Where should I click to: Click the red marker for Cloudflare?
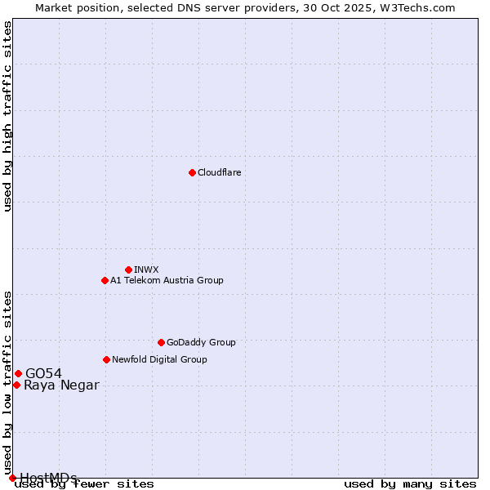pyautogui.click(x=192, y=172)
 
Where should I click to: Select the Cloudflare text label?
pyautogui.click(x=219, y=172)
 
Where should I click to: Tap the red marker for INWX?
pyautogui.click(x=128, y=269)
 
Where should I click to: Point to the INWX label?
pyautogui.click(x=146, y=269)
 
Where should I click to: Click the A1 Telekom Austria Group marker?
pyautogui.click(x=105, y=280)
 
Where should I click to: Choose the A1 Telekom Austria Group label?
pyautogui.click(x=167, y=280)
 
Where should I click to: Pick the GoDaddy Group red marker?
pyautogui.click(x=161, y=342)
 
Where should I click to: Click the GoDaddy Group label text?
pyautogui.click(x=201, y=342)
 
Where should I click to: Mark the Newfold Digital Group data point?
pyautogui.click(x=106, y=359)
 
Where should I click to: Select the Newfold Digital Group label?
pyautogui.click(x=159, y=359)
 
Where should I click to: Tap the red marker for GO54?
pyautogui.click(x=18, y=373)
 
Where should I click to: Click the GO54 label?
pyautogui.click(x=43, y=373)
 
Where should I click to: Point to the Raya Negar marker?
pyautogui.click(x=16, y=385)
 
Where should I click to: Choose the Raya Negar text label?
pyautogui.click(x=61, y=385)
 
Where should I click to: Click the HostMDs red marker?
pyautogui.click(x=12, y=478)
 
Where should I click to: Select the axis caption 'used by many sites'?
pyautogui.click(x=410, y=484)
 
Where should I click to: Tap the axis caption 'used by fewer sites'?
pyautogui.click(x=85, y=484)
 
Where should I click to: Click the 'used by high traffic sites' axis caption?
pyautogui.click(x=7, y=116)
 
